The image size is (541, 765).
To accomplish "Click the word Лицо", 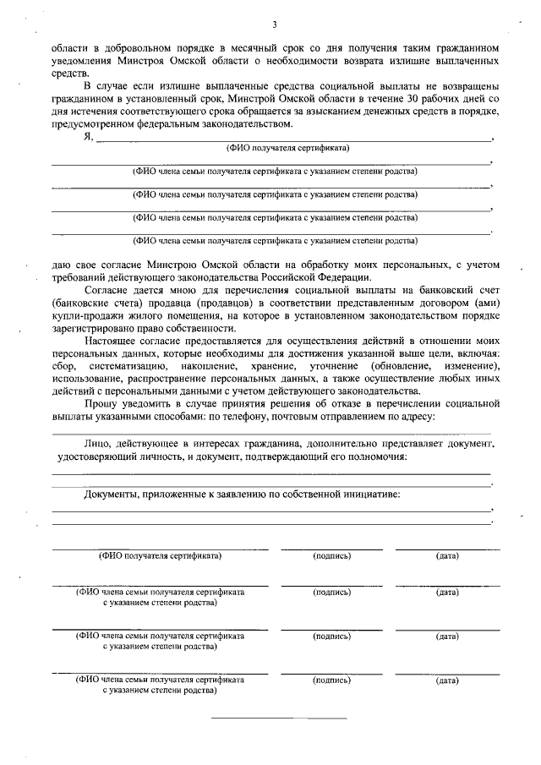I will [x=99, y=443].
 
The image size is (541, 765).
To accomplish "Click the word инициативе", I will [x=370, y=493].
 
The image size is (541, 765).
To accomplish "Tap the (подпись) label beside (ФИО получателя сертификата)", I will [x=331, y=556].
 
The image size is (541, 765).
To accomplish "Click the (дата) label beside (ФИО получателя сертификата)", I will [x=447, y=556].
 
